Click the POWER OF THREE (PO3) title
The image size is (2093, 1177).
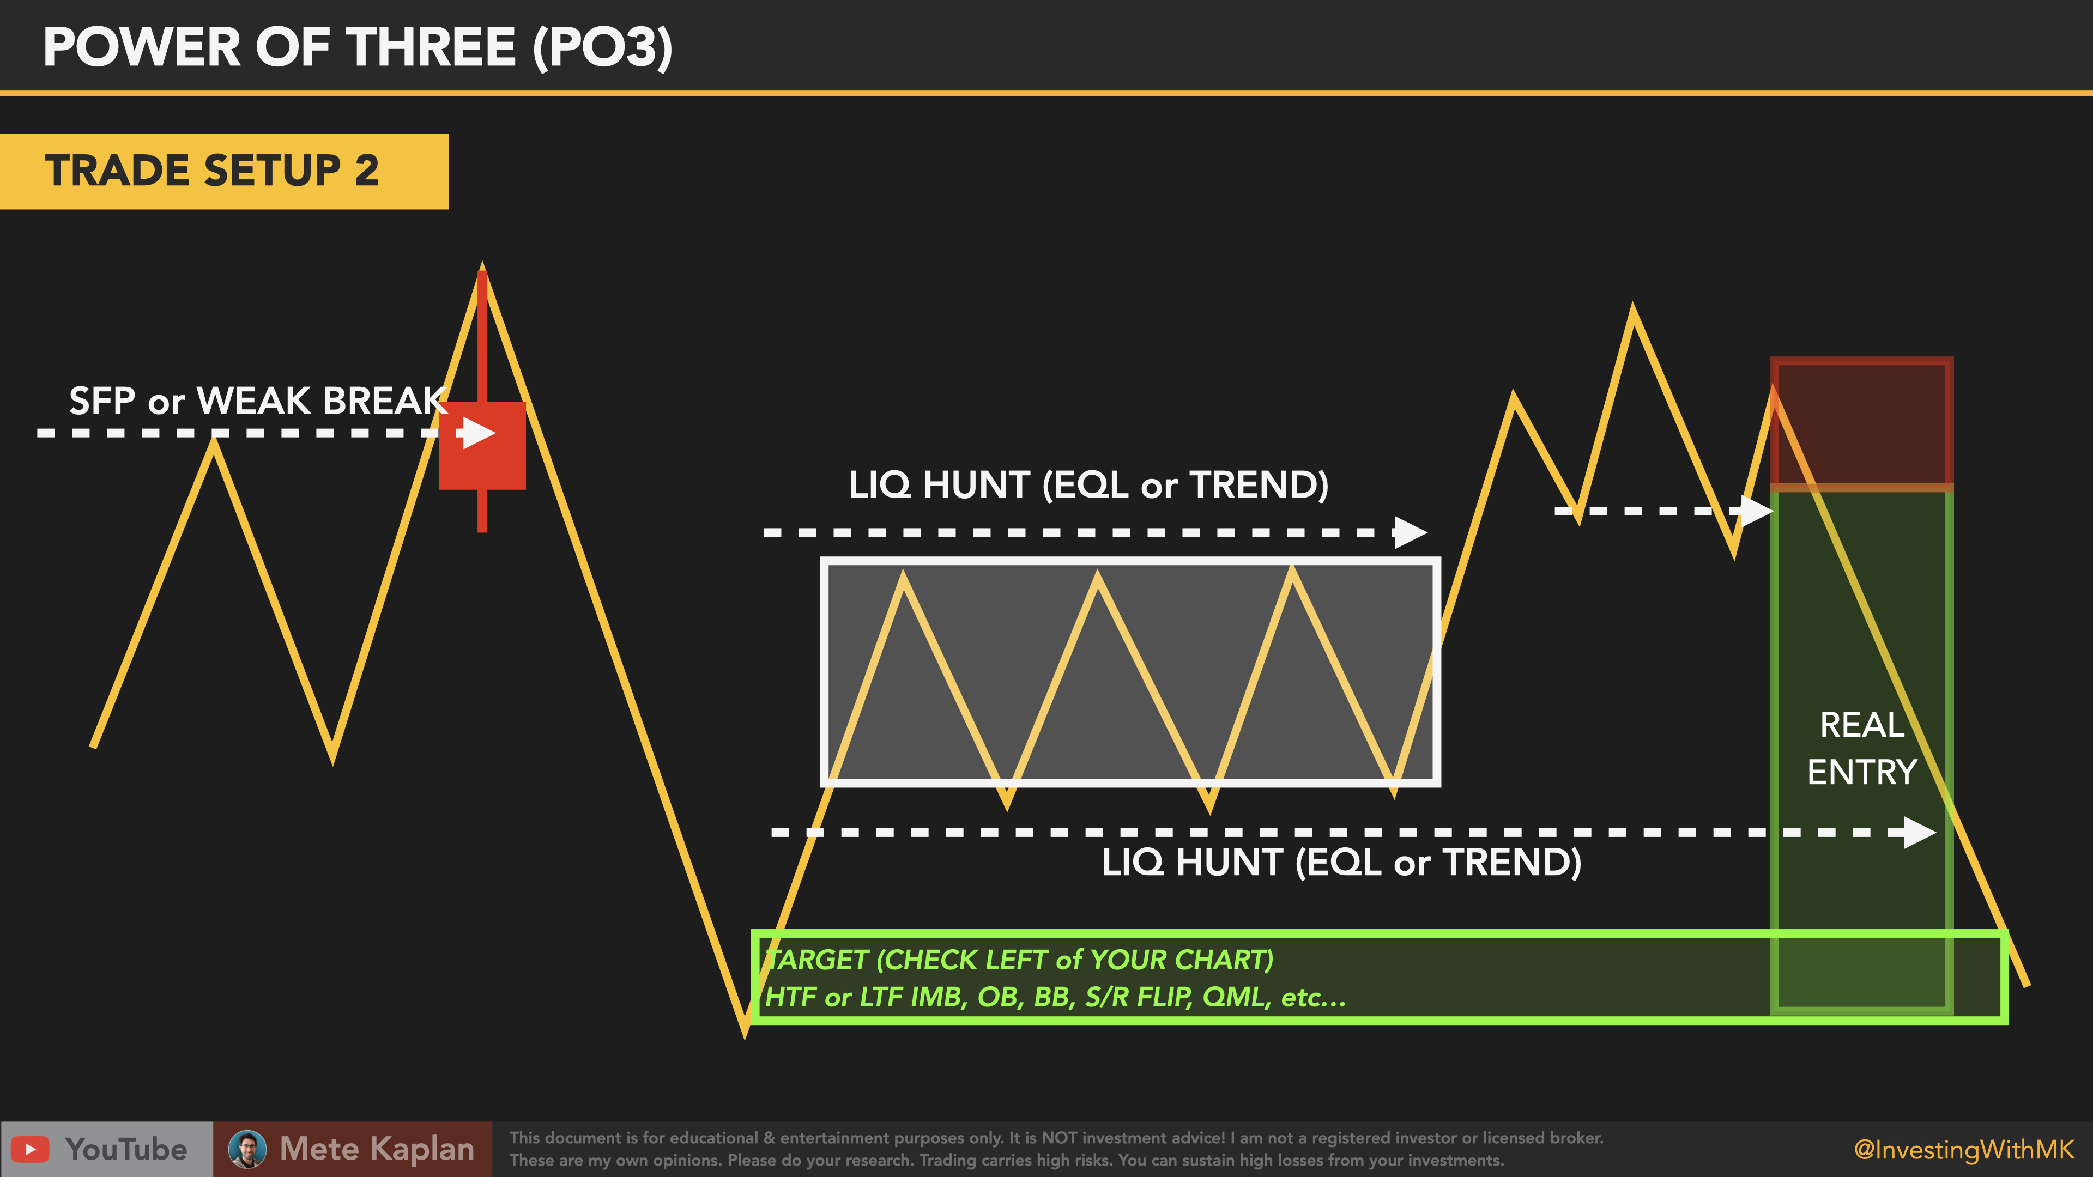(358, 47)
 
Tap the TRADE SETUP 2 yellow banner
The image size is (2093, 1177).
(223, 172)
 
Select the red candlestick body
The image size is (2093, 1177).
(482, 445)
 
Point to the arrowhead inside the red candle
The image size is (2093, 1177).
(480, 433)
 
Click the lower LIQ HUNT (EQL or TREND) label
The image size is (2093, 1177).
(1341, 862)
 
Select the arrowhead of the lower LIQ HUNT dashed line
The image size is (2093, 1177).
(1920, 833)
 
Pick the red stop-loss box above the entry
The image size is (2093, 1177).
(1861, 423)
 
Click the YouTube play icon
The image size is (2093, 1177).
(30, 1149)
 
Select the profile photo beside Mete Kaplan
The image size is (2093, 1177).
(247, 1149)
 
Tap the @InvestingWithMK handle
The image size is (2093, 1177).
(1964, 1149)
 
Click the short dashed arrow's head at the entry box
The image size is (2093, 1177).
(1757, 511)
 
